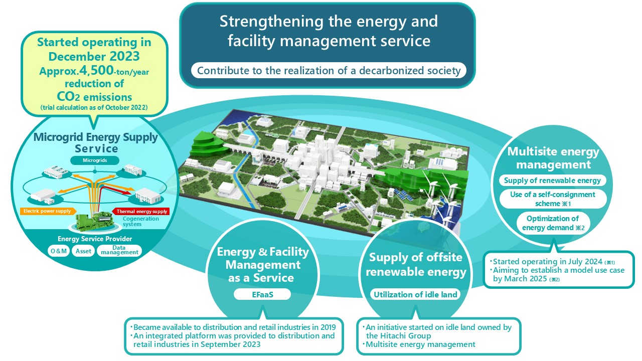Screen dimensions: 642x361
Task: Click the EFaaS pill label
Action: [x=262, y=294]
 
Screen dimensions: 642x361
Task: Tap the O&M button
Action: [x=59, y=251]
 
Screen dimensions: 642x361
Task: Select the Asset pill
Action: [x=83, y=251]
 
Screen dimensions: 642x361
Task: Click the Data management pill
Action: [x=119, y=250]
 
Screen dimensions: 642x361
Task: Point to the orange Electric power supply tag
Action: [x=48, y=211]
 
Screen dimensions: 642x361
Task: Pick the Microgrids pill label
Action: [x=95, y=160]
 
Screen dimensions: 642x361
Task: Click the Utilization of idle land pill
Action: [x=415, y=294]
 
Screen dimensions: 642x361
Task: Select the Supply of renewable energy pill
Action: [x=552, y=180]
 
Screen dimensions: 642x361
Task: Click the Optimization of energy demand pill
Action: [x=553, y=223]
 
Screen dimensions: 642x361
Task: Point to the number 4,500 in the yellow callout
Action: [x=96, y=70]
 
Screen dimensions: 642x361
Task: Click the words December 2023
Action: [x=94, y=56]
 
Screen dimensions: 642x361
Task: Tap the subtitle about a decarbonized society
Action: [x=329, y=71]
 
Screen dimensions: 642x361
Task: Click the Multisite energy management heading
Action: [x=553, y=158]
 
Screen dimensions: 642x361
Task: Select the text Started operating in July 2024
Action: [x=547, y=261]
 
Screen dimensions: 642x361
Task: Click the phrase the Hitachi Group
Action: [x=398, y=335]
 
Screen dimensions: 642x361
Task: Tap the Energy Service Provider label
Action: [x=95, y=239]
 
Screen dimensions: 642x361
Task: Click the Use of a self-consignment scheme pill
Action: [x=553, y=199]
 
